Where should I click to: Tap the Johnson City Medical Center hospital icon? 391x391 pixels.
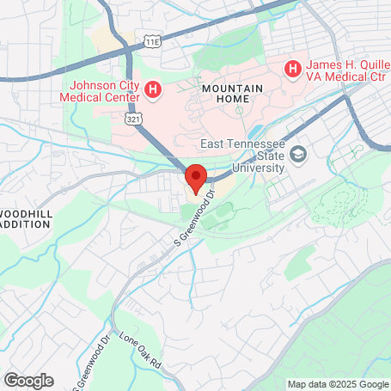coord(154,89)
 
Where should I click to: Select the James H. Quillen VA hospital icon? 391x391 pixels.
coord(292,67)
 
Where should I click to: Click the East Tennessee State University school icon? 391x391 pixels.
coord(298,155)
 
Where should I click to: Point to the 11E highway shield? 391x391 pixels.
coord(153,40)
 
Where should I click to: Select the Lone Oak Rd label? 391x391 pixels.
coord(140,351)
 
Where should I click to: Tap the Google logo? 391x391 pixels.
coord(28,380)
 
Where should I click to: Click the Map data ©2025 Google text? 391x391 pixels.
coord(337,384)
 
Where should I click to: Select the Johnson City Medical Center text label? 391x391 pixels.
coord(105,90)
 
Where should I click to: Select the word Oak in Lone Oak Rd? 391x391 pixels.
coord(141,351)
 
